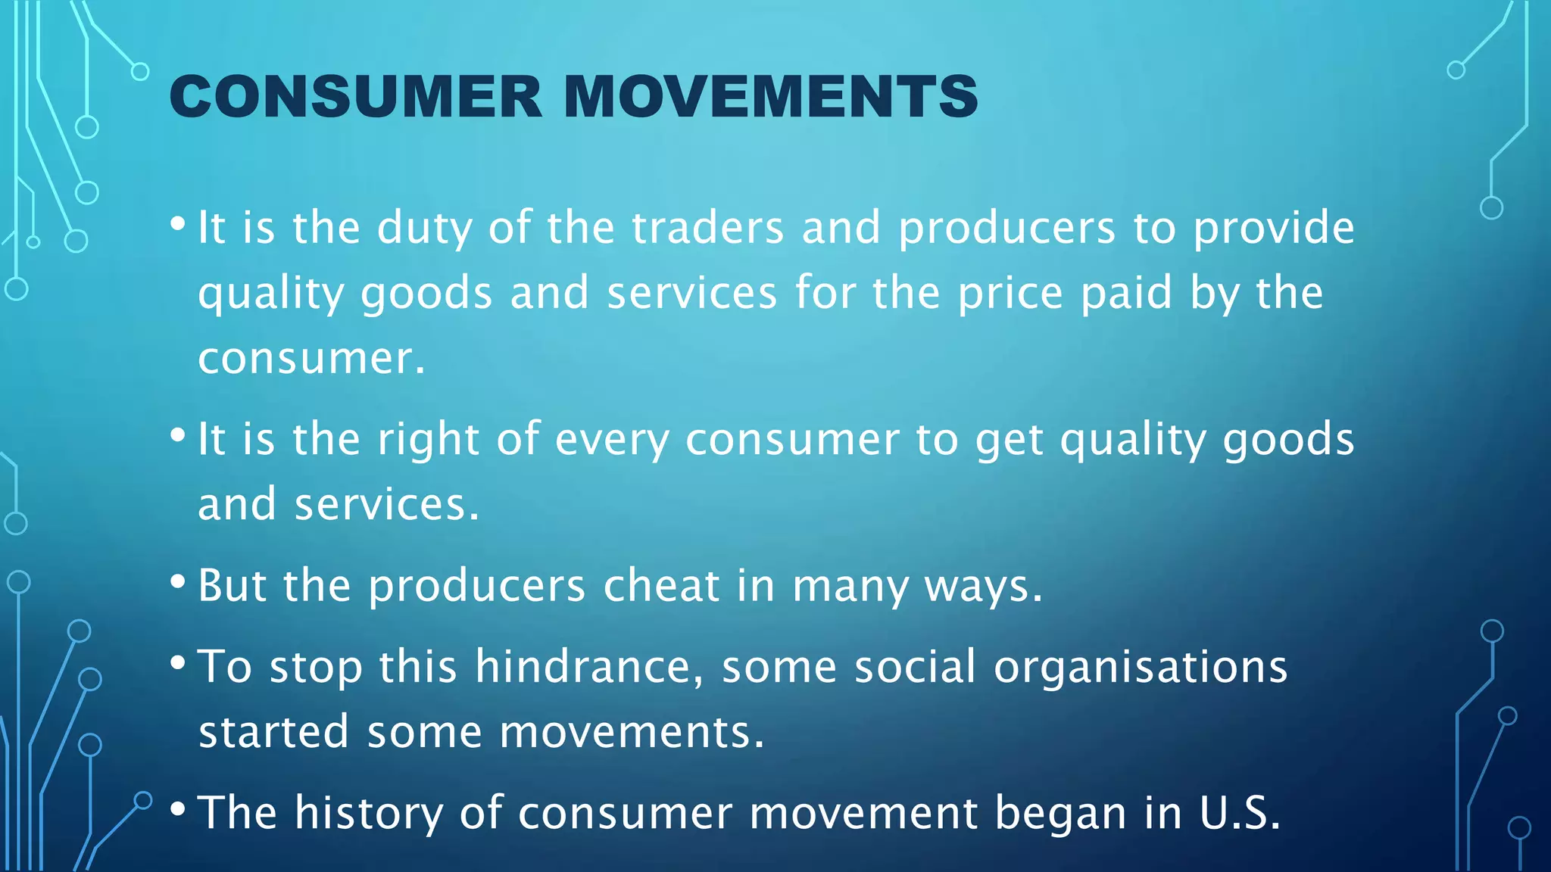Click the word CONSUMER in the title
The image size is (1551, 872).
tap(355, 97)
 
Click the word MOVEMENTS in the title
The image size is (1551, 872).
tap(771, 97)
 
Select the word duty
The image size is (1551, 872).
tap(424, 229)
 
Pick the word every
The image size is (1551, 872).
tap(612, 441)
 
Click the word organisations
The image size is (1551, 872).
tap(1141, 668)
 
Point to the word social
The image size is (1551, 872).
tap(915, 668)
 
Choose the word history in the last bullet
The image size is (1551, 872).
tap(369, 814)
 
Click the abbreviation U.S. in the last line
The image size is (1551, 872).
tap(1240, 814)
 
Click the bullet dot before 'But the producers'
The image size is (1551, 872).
tap(178, 582)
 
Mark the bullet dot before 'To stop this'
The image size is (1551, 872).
tap(178, 664)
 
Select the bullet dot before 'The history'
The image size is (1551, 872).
tap(178, 810)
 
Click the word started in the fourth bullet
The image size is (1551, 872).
tap(273, 733)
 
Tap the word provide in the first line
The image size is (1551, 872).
tap(1273, 229)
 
